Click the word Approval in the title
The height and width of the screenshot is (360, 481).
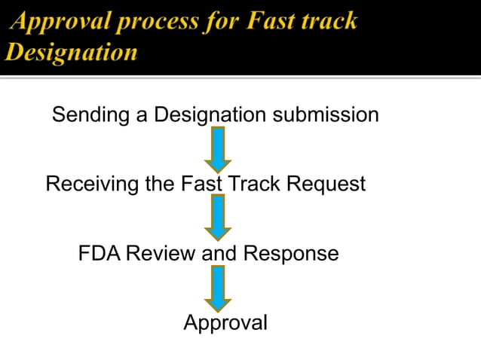click(57, 21)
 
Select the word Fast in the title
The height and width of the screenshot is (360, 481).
click(267, 21)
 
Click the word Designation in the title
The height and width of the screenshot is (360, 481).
click(71, 52)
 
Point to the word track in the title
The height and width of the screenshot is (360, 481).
click(328, 21)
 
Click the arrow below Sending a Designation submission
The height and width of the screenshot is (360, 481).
click(219, 149)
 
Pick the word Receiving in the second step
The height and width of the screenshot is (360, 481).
click(93, 184)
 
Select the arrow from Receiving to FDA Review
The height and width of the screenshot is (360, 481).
click(219, 217)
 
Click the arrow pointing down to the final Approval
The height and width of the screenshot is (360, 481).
click(219, 288)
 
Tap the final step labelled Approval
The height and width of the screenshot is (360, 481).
click(225, 323)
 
